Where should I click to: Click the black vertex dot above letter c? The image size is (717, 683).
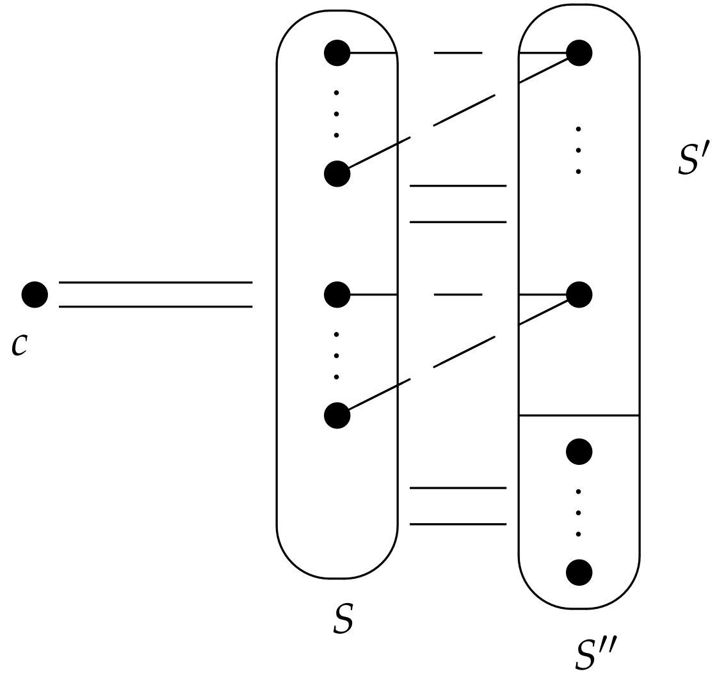coord(35,295)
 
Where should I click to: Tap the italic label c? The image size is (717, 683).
coord(20,345)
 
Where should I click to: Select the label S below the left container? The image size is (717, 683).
coord(344,619)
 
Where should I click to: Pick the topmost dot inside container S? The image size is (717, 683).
coord(337,53)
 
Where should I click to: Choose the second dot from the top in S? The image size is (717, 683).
coord(337,174)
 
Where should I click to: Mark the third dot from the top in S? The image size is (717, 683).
coord(337,295)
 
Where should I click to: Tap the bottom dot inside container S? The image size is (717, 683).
coord(337,416)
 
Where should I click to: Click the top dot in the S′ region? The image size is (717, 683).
coord(579,53)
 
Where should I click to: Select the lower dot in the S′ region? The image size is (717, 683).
coord(579,295)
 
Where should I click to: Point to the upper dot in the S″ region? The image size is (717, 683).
coord(579,452)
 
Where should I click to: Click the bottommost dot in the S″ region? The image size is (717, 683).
coord(579,572)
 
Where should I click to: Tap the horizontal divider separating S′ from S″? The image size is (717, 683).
coord(579,416)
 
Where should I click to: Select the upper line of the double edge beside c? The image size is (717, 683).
coord(156,282)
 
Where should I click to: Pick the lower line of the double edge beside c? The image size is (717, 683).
coord(156,307)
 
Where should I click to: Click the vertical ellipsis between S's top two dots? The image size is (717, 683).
coord(337,114)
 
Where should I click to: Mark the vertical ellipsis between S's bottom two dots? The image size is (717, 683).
coord(337,356)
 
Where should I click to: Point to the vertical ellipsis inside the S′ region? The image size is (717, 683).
coord(579,150)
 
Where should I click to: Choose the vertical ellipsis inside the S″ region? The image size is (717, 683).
coord(579,513)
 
